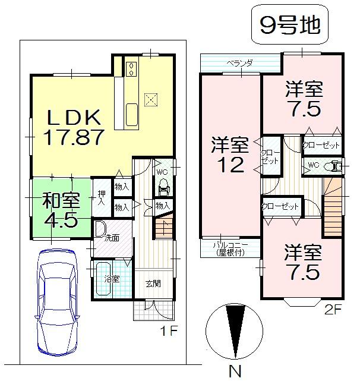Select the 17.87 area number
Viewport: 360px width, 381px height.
[74, 137]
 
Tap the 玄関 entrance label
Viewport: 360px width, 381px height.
[153, 283]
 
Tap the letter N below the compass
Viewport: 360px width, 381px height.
[236, 372]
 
